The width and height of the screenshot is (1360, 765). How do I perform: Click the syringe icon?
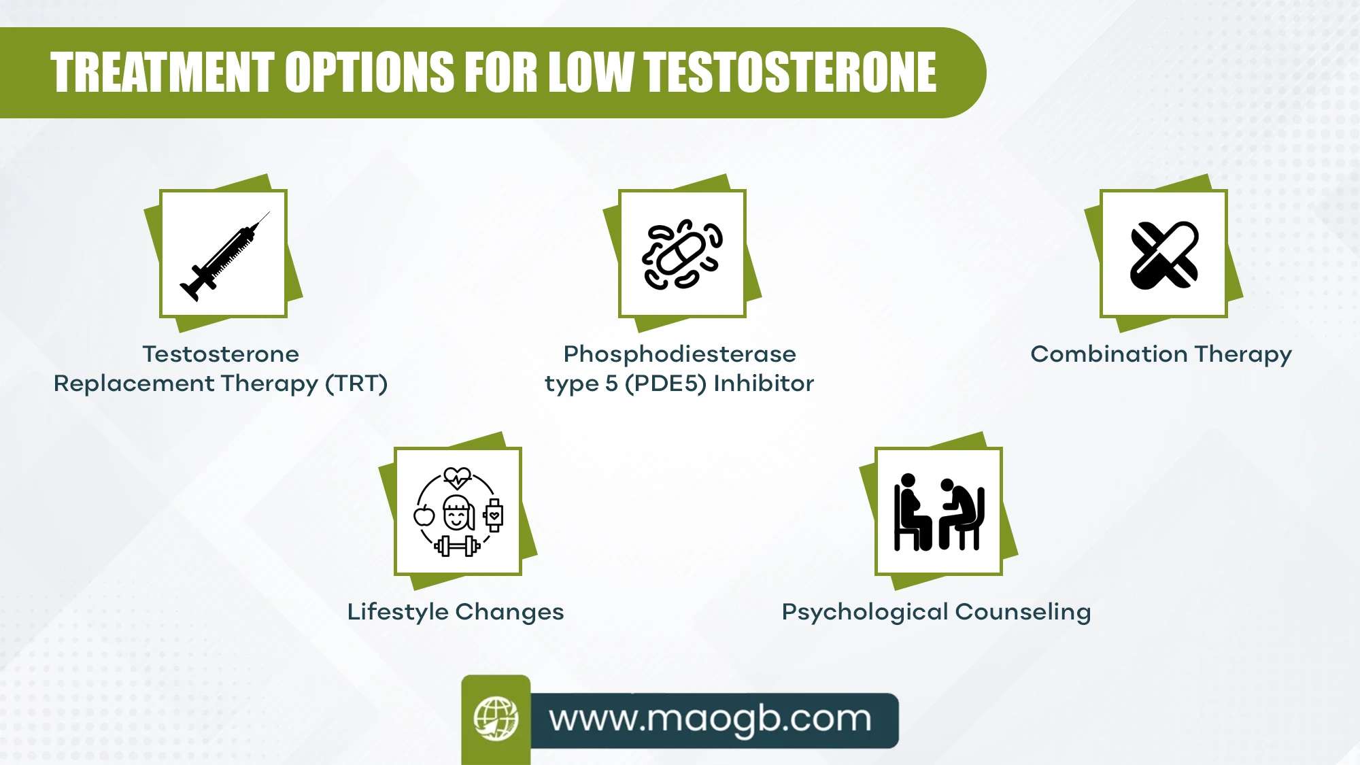click(x=224, y=256)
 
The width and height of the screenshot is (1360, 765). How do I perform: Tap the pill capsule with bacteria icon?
click(x=682, y=255)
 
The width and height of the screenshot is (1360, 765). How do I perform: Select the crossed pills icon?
click(x=1163, y=255)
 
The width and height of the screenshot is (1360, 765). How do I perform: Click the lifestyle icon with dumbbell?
click(x=458, y=511)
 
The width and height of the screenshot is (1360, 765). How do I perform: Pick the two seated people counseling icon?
click(x=938, y=511)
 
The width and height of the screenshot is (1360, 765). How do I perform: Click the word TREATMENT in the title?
click(x=162, y=73)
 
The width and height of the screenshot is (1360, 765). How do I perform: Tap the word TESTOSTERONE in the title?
click(x=790, y=73)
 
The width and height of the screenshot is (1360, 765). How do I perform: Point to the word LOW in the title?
click(x=590, y=73)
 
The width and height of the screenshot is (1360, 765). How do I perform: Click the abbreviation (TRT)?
click(x=356, y=384)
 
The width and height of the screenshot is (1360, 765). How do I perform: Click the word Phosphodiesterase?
click(x=680, y=354)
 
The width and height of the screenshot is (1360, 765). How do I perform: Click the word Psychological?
click(x=864, y=612)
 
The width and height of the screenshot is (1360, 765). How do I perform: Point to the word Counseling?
click(x=1023, y=612)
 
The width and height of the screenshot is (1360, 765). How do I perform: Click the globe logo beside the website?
click(x=496, y=718)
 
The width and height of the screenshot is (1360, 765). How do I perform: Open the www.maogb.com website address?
click(x=710, y=719)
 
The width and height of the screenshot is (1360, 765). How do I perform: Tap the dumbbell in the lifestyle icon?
click(x=457, y=545)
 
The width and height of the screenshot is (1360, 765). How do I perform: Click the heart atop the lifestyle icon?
click(x=457, y=477)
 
